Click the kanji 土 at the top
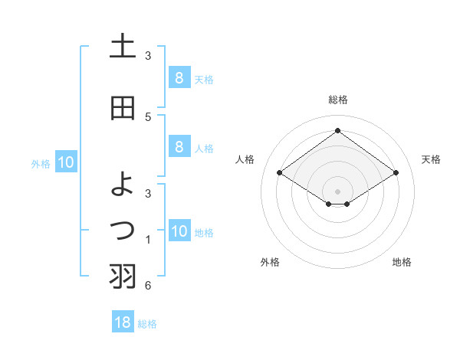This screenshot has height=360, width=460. pos(123,47)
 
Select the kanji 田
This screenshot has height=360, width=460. pos(123,109)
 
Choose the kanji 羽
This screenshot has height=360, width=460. pos(123,276)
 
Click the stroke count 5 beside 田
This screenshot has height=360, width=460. pos(147,116)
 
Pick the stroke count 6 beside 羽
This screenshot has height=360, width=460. pos(147,286)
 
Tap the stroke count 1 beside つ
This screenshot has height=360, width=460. pos(147,240)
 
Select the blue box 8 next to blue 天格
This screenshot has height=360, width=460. pos(179,77)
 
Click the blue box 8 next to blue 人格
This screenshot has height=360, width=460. pos(179,146)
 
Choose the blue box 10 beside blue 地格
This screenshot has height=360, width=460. pos(179,231)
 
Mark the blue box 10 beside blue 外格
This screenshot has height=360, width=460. pos(65,162)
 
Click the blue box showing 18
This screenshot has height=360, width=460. pos(123,322)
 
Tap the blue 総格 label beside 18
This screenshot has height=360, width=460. pos(147,324)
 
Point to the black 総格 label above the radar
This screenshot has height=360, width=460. pos(337,100)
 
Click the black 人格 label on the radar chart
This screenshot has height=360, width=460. pos(245,159)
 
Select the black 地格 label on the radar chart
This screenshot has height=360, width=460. pos(402,262)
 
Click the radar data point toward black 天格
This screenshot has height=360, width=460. pos(396,173)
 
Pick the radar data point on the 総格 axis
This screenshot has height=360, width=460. pos(337,131)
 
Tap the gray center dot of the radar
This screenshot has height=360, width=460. pos(337,191)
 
